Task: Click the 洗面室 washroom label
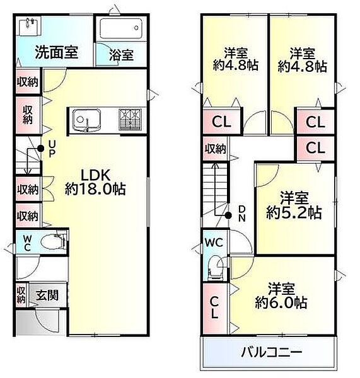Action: (57, 53)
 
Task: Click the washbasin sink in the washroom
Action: (29, 27)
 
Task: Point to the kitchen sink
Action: (84, 118)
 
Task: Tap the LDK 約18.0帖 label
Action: (95, 181)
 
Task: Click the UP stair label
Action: (52, 149)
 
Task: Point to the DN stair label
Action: (241, 214)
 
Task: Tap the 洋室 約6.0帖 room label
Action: (281, 297)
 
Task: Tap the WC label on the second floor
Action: (211, 241)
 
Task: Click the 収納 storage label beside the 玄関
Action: (21, 294)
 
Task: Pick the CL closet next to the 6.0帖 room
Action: (214, 307)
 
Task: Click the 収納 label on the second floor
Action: (215, 149)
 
